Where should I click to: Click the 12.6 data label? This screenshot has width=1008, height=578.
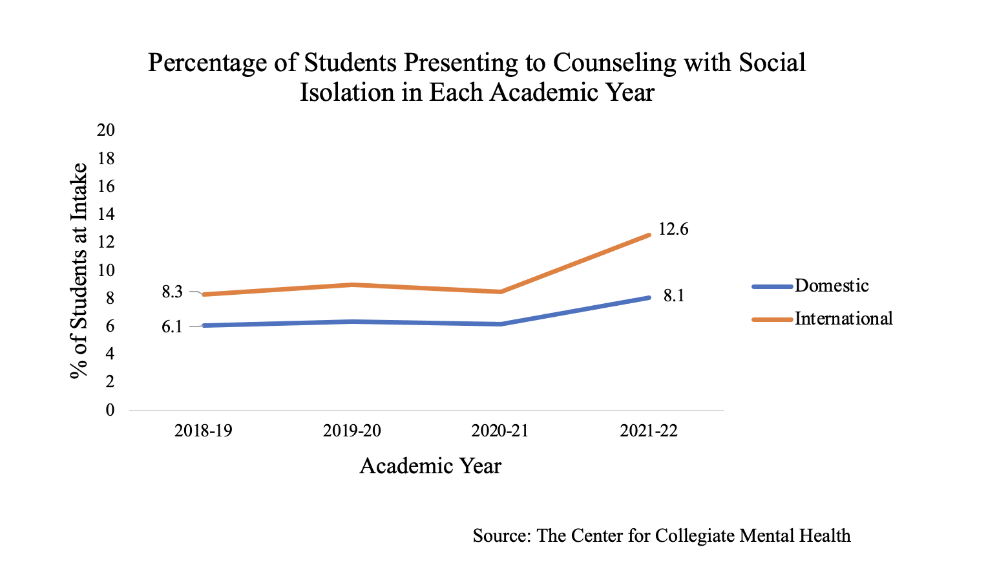click(x=673, y=230)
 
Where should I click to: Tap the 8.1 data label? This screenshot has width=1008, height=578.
click(x=673, y=296)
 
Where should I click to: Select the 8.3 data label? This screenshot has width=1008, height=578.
click(x=172, y=292)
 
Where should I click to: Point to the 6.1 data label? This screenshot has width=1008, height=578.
click(x=172, y=326)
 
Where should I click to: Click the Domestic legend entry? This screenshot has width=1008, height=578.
click(x=831, y=286)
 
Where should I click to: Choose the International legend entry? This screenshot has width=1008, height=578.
click(x=843, y=319)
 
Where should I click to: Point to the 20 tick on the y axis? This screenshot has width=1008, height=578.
click(x=106, y=131)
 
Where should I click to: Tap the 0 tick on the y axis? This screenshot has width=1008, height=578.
click(x=110, y=411)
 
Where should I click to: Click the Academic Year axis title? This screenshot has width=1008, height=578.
click(x=430, y=466)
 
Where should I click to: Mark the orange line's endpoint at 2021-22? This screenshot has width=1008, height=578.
click(x=649, y=235)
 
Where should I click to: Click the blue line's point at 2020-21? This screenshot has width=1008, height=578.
click(x=500, y=324)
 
